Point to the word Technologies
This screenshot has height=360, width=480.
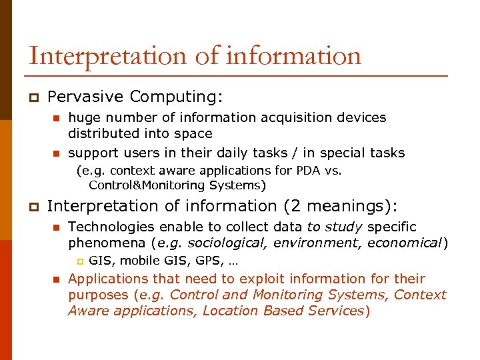point(110,227)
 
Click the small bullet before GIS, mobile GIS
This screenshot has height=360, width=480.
point(79,261)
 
